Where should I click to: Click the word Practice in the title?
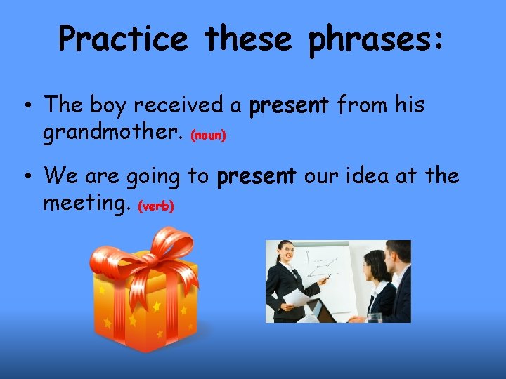coord(123,39)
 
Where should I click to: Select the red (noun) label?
coord(209,135)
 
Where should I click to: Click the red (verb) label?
coord(156,206)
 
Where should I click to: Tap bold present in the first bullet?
coord(289,106)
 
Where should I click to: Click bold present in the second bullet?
coord(257,177)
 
